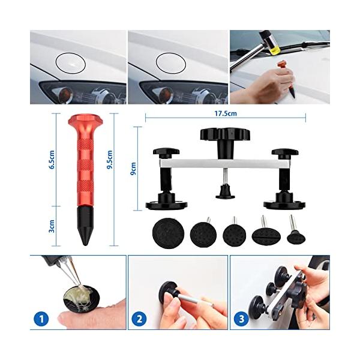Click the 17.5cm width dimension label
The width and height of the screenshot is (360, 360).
click(226, 113)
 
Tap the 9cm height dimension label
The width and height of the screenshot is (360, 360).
click(133, 169)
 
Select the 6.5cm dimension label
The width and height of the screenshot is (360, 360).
click(52, 160)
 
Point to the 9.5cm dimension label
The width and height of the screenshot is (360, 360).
click(110, 160)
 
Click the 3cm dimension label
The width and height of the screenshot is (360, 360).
click(52, 226)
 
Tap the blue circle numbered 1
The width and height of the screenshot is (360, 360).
click(41, 319)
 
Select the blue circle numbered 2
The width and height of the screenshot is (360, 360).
click(139, 319)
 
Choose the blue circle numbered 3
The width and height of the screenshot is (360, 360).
click(242, 319)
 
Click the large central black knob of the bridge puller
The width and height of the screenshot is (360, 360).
click(225, 136)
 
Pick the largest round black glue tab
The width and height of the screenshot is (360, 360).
click(168, 233)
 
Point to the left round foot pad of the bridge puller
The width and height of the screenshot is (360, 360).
click(166, 205)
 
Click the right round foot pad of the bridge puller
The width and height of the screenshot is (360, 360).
click(284, 204)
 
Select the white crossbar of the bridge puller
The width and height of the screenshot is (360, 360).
click(225, 163)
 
